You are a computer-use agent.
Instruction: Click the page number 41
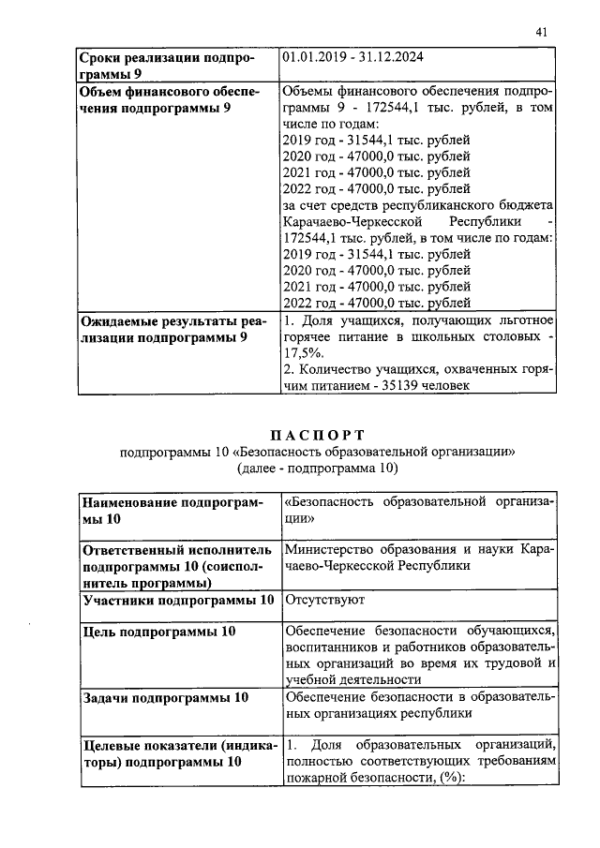541,32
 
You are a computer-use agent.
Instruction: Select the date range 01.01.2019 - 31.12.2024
352,57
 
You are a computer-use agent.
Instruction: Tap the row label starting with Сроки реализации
166,66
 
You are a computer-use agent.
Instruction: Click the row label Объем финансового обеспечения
168,100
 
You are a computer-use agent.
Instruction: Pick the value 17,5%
304,352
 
